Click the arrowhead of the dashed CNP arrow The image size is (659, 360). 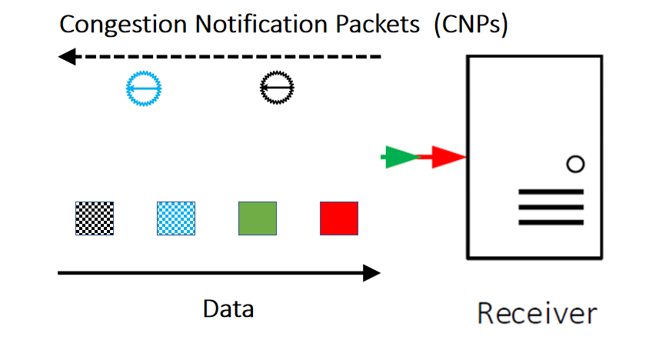click(67, 56)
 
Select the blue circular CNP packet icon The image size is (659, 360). click(145, 91)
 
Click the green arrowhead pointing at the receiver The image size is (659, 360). click(400, 158)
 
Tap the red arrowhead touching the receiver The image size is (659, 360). click(449, 158)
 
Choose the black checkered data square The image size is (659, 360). click(95, 218)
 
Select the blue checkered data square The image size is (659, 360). click(176, 218)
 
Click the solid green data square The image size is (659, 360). click(258, 218)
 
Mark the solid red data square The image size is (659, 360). click(339, 218)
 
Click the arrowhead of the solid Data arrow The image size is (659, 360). click(371, 273)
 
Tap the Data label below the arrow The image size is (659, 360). click(228, 308)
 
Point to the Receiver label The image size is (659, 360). click(537, 314)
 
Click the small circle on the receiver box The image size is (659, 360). click(574, 164)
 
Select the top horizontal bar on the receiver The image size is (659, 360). click(551, 192)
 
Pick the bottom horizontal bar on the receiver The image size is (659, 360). click(551, 222)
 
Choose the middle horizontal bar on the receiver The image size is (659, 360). click(551, 207)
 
